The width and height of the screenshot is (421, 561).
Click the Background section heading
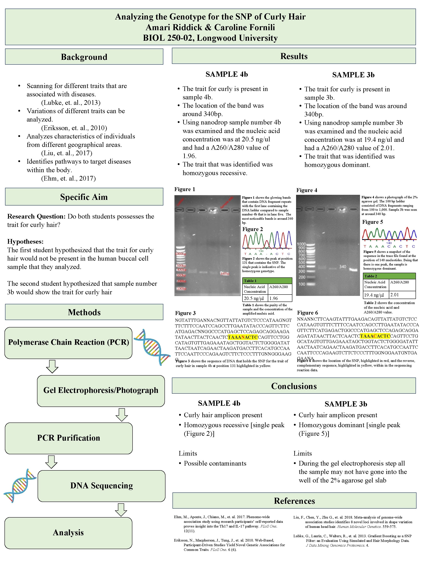tap(84, 57)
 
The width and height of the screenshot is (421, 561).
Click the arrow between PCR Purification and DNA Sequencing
tap(51, 462)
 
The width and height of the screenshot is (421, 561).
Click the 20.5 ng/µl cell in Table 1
tap(254, 298)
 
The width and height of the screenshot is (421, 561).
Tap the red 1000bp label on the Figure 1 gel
tap(181, 254)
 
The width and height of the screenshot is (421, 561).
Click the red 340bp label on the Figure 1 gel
tap(225, 274)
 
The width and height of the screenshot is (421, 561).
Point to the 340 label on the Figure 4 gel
tap(343, 266)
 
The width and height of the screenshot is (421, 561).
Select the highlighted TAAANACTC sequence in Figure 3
tap(243, 337)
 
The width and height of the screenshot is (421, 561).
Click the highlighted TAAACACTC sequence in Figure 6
tap(375, 336)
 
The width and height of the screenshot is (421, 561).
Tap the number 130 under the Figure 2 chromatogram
tap(261, 251)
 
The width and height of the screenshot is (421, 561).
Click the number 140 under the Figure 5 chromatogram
tap(389, 243)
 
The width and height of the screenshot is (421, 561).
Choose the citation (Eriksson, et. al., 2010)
tap(74, 128)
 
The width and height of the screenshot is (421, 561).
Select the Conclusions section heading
tap(294, 386)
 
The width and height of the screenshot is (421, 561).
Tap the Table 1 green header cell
tap(267, 281)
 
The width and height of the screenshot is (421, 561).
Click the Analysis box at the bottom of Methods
tap(68, 533)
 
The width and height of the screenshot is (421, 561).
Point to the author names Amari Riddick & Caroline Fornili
tap(210, 27)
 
